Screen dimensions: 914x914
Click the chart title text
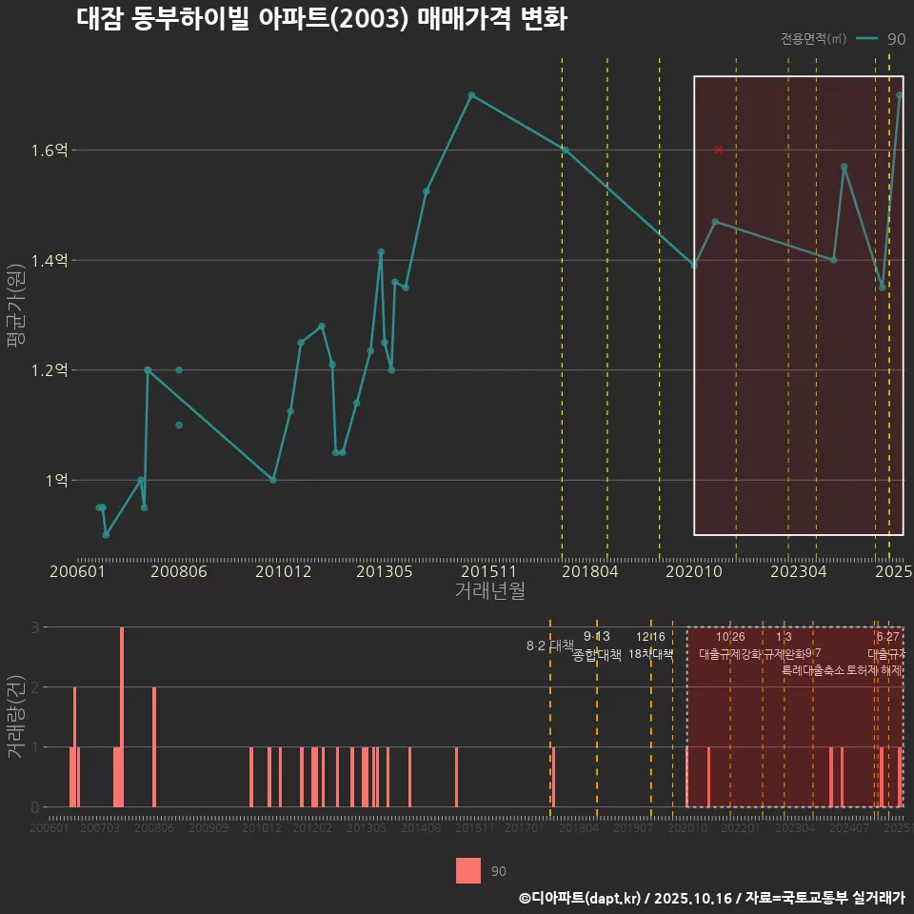322,20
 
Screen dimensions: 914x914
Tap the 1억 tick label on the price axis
56,481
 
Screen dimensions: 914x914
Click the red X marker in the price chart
719,150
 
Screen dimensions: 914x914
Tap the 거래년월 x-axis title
489,591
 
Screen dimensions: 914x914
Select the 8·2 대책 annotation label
544,646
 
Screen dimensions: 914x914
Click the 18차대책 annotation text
651,654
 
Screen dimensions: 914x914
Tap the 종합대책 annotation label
597,655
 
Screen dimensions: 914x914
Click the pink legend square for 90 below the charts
468,870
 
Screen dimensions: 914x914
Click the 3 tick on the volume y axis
35,627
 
